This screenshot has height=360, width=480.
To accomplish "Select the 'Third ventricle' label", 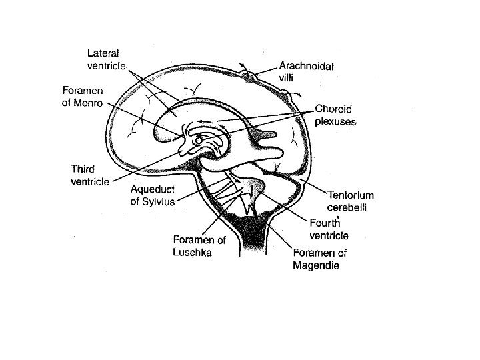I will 91,177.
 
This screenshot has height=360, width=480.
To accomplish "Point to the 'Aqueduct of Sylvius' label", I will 153,195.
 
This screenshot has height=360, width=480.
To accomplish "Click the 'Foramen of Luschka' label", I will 199,246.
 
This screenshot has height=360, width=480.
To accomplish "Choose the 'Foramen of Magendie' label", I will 320,259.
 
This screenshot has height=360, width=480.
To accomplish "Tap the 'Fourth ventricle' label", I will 329,229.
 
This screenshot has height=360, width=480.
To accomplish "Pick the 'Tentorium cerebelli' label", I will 350,202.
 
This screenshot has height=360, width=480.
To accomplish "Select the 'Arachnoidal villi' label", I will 307,71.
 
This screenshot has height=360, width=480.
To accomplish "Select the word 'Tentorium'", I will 350,195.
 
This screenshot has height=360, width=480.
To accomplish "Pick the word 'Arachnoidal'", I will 307,65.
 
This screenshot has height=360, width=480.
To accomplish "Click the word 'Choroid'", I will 333,109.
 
